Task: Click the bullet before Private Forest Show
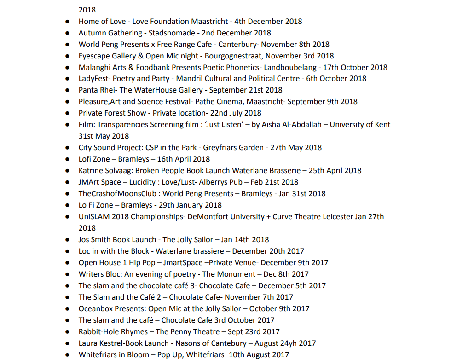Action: click(68, 113)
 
